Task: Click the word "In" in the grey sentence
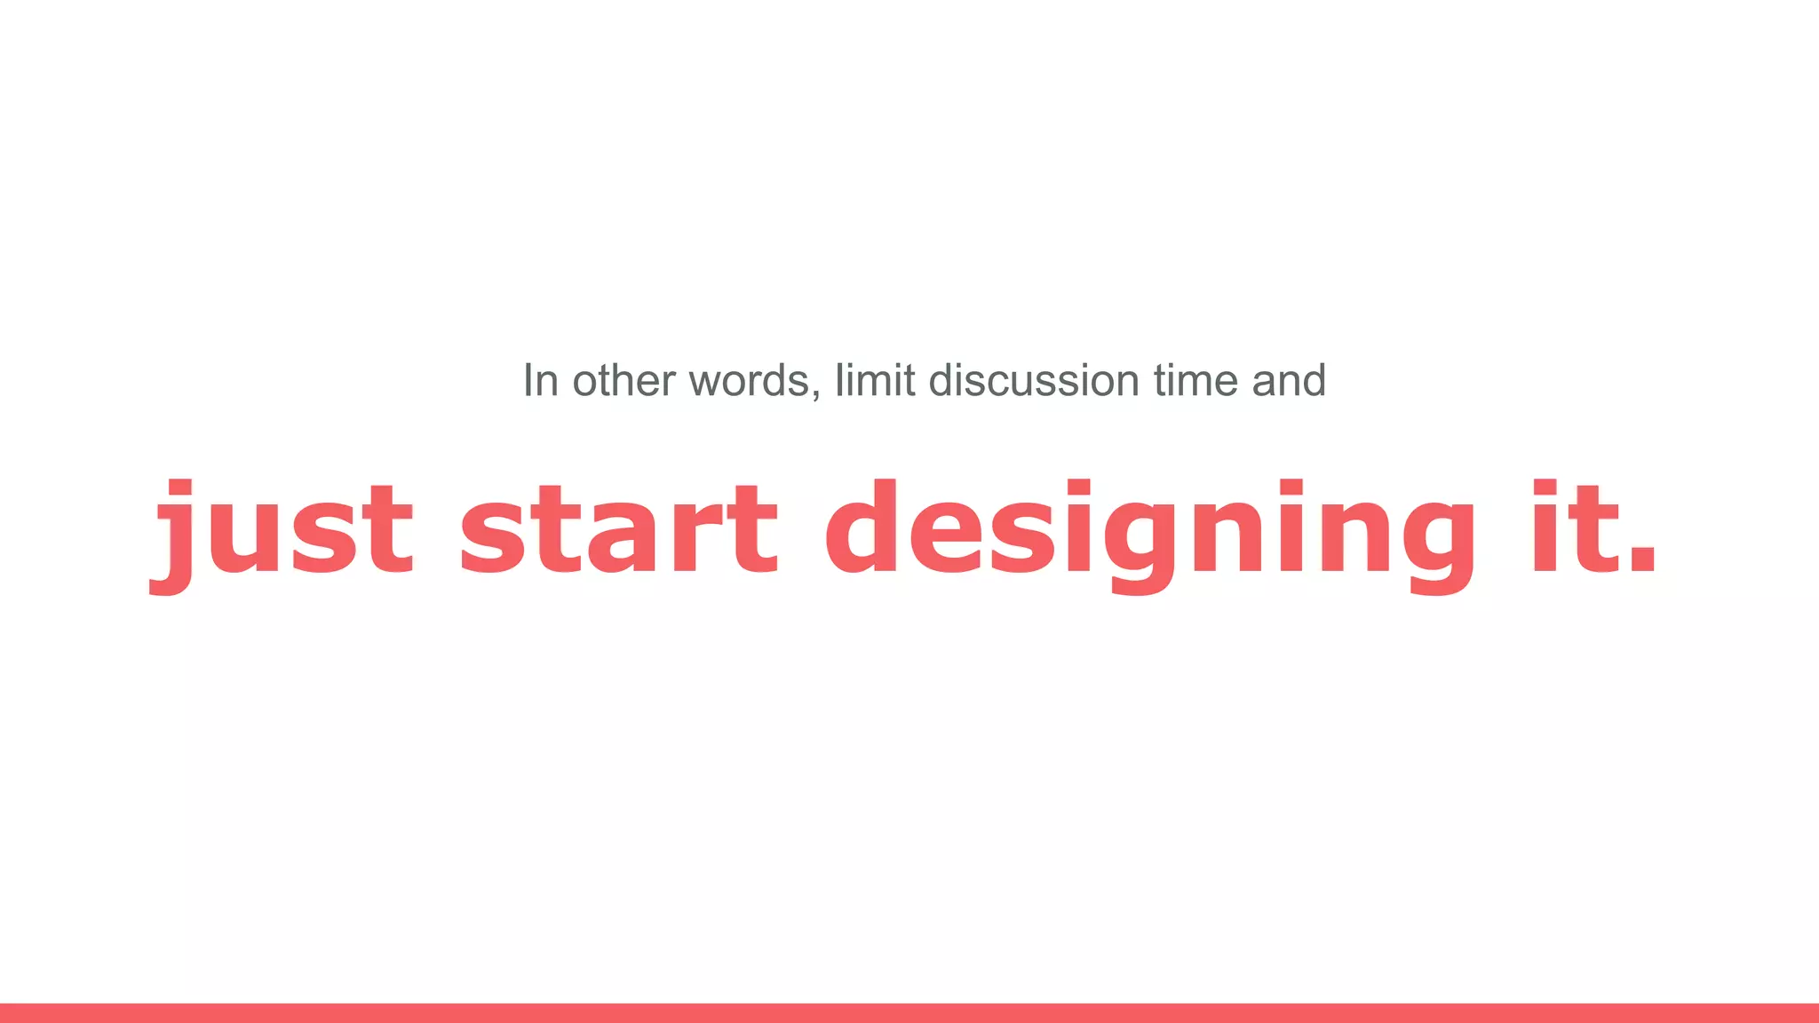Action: [540, 381]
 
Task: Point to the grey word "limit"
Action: [875, 381]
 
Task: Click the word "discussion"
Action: [1034, 381]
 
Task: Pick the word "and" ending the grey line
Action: [1289, 381]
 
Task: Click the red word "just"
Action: [282, 529]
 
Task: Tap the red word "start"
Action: [619, 529]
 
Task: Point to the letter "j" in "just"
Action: [174, 536]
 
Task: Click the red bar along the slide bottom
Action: [909, 1012]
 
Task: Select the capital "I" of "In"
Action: [528, 381]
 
